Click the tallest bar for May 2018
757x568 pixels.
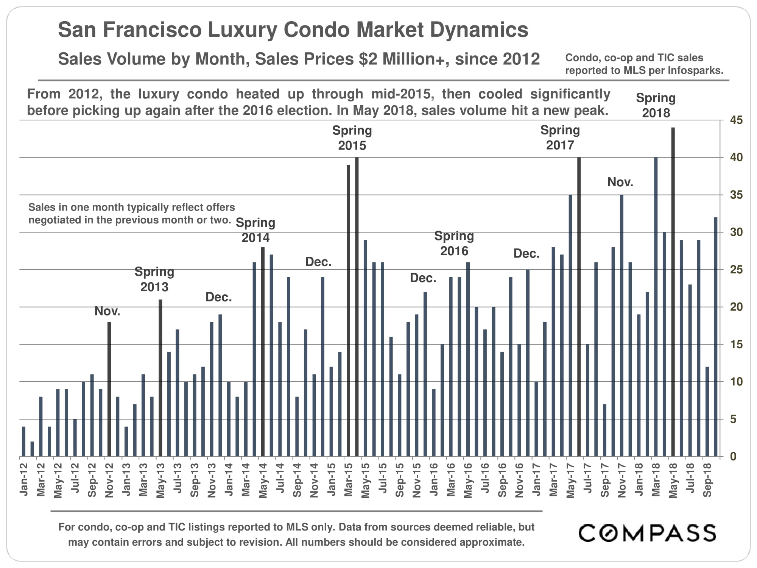pos(673,292)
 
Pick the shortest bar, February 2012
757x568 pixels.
pos(32,449)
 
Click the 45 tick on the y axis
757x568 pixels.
pos(736,120)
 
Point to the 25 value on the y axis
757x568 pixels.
pos(736,270)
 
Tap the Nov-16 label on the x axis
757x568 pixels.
pos(519,480)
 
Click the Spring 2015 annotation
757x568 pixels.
pos(352,138)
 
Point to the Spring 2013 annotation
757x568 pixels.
pos(154,279)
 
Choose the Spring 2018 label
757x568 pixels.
pos(656,105)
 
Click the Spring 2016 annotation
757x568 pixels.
pos(454,243)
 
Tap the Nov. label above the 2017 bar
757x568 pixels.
pos(620,182)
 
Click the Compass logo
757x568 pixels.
pos(647,533)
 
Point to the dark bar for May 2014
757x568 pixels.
pos(263,352)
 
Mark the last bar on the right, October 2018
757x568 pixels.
pos(715,337)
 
